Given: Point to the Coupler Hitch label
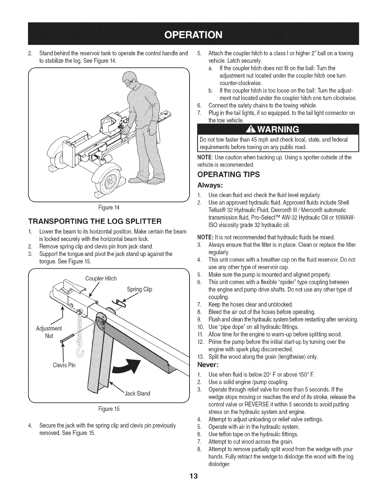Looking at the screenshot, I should [101, 278].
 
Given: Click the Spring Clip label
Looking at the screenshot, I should [139, 289].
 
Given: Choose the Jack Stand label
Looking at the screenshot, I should [137, 394].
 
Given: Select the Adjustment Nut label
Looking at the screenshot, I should [49, 332].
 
